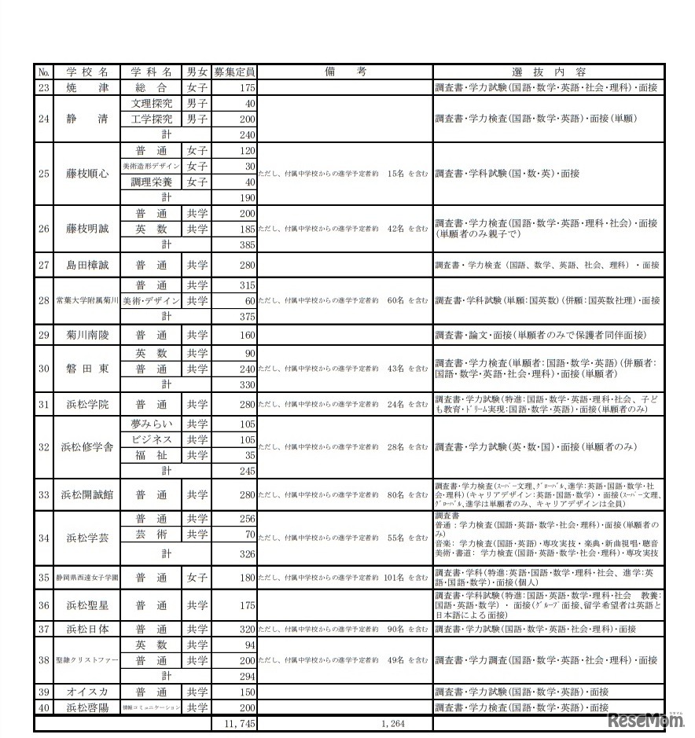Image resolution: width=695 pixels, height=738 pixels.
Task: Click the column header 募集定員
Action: click(234, 72)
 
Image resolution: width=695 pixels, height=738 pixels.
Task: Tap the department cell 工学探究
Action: click(151, 119)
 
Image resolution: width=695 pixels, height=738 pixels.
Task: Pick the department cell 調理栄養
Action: click(151, 182)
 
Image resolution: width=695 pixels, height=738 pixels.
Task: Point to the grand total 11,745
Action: click(235, 723)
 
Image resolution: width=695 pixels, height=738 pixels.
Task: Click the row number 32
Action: click(44, 447)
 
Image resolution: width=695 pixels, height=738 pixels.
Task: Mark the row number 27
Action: click(44, 265)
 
